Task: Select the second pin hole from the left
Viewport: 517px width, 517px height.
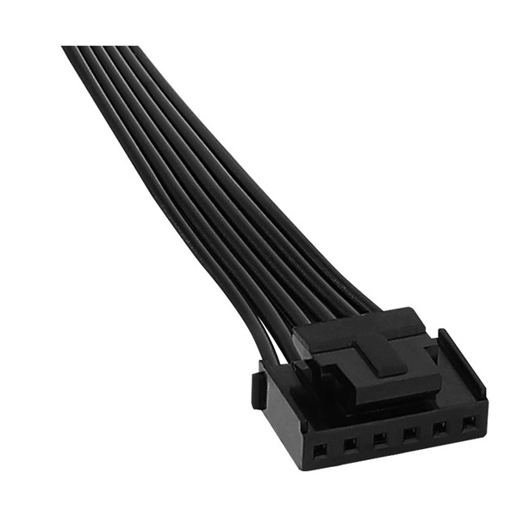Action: point(350,445)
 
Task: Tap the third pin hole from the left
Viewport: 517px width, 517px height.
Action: point(380,439)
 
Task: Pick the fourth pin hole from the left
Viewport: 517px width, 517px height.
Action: point(410,433)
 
